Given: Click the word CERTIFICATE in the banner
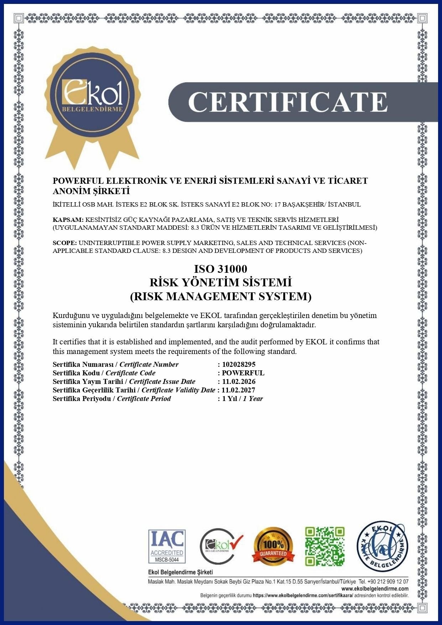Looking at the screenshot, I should point(287,102).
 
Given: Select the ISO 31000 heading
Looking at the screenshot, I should point(220,269).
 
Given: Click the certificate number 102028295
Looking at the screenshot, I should point(239,364).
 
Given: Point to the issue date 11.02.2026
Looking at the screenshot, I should point(239,381).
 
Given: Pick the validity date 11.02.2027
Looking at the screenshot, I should point(239,390).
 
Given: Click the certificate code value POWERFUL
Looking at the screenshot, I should point(243,373).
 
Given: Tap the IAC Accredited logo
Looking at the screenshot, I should point(167,546).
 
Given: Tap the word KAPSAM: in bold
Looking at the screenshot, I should point(68,220).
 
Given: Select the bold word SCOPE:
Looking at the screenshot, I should point(64,243).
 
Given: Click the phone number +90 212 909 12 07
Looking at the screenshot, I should point(388,581).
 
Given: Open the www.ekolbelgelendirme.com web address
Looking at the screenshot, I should point(375,589).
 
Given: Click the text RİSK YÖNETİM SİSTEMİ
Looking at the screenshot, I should point(220,282).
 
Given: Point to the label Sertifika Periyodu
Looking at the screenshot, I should point(82,399).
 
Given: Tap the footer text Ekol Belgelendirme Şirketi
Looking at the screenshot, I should point(180,572).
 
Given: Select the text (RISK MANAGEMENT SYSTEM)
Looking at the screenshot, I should point(220,296).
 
